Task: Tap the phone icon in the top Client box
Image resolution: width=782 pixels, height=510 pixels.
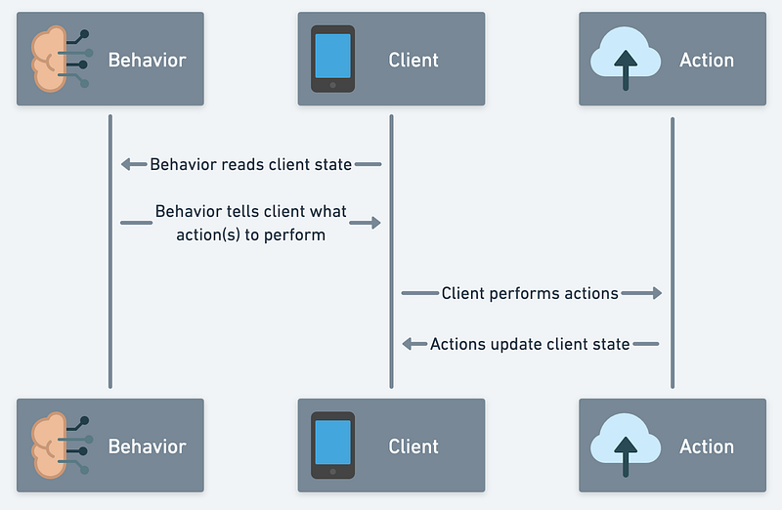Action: pos(332,60)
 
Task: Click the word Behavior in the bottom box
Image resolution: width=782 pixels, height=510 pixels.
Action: pos(147,446)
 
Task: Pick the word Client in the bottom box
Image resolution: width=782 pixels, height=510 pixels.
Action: pos(413,446)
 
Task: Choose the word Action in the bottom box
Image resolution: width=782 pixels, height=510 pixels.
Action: pos(707,446)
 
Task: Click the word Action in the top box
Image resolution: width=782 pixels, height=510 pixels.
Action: pos(707,60)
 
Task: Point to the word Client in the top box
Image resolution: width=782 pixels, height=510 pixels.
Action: pos(413,60)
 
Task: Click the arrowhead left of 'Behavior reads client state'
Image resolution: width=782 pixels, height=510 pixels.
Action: pos(127,164)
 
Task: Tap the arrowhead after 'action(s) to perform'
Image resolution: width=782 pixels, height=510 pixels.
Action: pos(373,223)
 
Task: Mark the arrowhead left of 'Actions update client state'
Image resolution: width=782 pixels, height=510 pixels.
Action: pos(410,344)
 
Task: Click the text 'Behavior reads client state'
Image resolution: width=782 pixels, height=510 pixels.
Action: pos(250,164)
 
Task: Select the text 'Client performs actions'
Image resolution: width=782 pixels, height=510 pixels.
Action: pos(530,293)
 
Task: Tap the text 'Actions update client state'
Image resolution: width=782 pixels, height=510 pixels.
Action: pos(530,344)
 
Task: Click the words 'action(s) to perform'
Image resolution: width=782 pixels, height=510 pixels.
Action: pos(250,234)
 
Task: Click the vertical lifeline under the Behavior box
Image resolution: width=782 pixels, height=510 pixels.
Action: pos(110,293)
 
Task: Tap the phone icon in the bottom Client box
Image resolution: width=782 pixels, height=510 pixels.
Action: pos(332,446)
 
